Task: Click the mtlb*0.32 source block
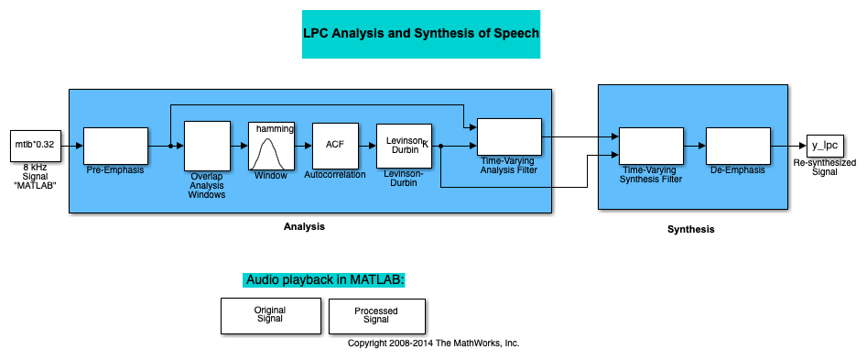pos(36,147)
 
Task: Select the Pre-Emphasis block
pos(115,146)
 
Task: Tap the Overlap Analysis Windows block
pos(207,146)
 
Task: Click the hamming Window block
pos(271,146)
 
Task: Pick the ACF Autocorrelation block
pos(335,146)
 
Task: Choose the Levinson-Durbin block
pos(404,146)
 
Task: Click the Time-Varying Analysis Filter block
pos(509,136)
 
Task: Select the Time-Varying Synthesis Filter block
pos(651,146)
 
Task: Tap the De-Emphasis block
pos(738,146)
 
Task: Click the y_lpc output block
pos(825,146)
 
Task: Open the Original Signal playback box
pos(271,316)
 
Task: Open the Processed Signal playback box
pos(377,316)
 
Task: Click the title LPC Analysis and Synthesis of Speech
pos(421,34)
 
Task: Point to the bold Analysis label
pos(304,227)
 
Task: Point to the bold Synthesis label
pos(690,229)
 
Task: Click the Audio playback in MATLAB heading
pos(325,279)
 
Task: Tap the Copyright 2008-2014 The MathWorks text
pos(434,343)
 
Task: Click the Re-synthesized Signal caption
pos(825,167)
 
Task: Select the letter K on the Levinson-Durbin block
pos(425,145)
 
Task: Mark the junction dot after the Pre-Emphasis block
pos(171,146)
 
